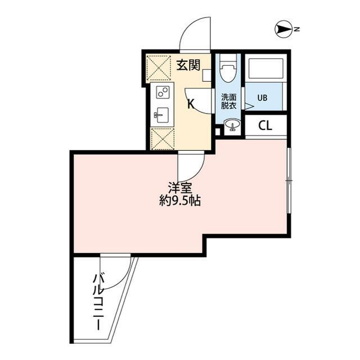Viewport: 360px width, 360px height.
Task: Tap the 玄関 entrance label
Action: pos(189,65)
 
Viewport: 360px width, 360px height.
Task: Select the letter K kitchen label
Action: pos(191,103)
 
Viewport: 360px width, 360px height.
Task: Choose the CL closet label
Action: pos(265,125)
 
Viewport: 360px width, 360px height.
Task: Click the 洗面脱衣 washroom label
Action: pos(228,100)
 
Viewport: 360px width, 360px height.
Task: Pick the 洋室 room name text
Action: pos(181,188)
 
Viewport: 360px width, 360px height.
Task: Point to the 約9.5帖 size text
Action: pos(180,201)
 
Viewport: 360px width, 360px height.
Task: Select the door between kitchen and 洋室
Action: pos(190,163)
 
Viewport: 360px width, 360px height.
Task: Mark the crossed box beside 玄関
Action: pos(159,68)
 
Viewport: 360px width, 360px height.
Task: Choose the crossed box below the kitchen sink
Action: pos(161,138)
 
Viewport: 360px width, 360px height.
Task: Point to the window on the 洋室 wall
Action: pos(289,181)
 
